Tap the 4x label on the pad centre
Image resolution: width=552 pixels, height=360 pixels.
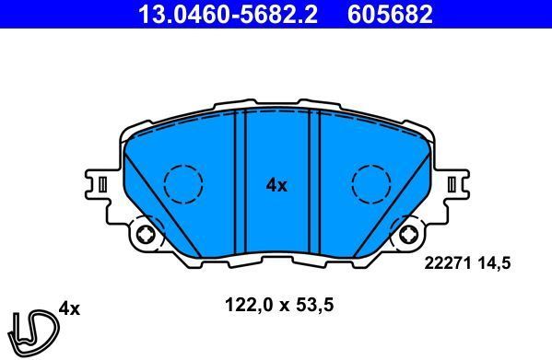[276, 185]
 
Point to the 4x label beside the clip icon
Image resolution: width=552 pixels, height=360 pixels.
[69, 308]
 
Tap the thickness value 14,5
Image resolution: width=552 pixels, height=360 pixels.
[491, 262]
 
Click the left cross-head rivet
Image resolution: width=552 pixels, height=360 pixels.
[145, 237]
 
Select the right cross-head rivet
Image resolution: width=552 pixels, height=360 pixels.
[407, 237]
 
